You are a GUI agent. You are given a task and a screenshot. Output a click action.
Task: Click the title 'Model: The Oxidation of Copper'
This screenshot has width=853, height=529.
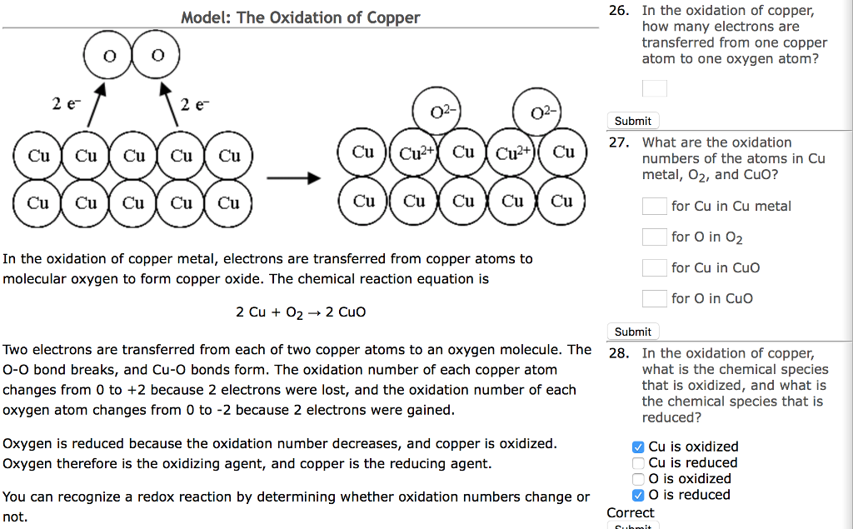[301, 17]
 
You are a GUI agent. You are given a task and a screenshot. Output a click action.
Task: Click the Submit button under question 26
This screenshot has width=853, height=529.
[632, 121]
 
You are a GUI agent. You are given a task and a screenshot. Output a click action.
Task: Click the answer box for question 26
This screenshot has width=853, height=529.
[654, 87]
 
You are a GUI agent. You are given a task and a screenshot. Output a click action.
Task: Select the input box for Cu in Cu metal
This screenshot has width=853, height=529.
[654, 206]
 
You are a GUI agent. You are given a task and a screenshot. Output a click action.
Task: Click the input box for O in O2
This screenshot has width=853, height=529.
[654, 237]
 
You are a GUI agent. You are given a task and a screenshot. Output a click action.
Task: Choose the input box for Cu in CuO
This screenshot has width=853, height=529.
[654, 267]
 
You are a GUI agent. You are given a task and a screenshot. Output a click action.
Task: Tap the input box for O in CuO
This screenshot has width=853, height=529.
[654, 298]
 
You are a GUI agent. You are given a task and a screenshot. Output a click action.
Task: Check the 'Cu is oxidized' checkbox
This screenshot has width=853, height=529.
[638, 447]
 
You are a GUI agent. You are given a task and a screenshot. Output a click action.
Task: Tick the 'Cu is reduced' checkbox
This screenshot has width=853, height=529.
[638, 463]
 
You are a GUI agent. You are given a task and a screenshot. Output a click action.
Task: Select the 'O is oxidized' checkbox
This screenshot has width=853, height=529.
[638, 479]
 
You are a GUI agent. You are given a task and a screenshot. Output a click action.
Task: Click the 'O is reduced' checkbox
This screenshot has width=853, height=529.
[638, 495]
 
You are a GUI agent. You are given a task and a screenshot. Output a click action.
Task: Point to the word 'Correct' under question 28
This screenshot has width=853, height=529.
[631, 512]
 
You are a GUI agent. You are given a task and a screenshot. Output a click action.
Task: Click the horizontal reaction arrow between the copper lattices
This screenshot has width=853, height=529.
[301, 177]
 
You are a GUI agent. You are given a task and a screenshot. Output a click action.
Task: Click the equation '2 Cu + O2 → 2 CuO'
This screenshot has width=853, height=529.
[301, 312]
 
